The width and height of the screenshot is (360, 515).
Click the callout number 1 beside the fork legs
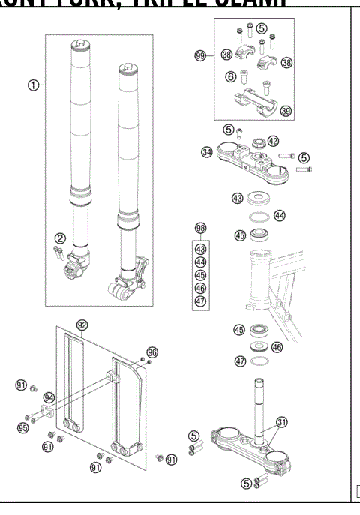(33, 85)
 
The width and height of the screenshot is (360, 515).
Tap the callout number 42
(273, 141)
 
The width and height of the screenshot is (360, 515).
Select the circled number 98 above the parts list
(199, 227)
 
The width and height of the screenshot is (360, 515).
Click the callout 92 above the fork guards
(82, 325)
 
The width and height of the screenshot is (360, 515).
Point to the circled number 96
(152, 350)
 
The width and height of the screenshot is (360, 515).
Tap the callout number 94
(49, 398)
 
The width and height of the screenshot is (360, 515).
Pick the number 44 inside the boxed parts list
(199, 262)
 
